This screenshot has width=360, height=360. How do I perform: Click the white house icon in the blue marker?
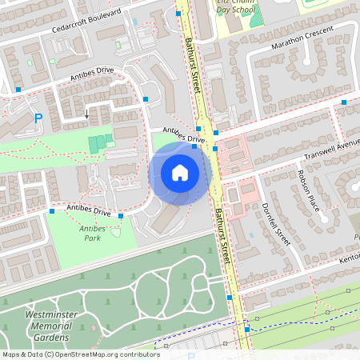[180, 173]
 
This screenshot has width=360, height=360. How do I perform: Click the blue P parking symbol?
[38, 118]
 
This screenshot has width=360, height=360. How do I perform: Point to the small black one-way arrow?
[86, 114]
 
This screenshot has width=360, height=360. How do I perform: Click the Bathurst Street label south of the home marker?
[223, 235]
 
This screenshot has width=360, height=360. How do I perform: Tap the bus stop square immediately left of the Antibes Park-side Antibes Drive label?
[52, 211]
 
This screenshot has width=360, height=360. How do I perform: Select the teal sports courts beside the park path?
[97, 143]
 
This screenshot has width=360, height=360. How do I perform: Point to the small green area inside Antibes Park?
[115, 233]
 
